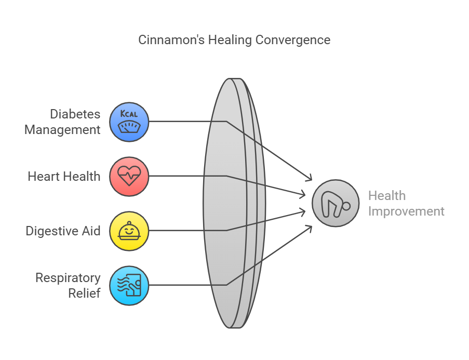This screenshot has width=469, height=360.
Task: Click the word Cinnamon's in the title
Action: click(x=171, y=40)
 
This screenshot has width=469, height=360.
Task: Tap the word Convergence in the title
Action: click(x=293, y=40)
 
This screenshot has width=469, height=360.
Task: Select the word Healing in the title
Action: click(x=230, y=40)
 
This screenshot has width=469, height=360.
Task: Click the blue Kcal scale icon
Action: click(x=129, y=122)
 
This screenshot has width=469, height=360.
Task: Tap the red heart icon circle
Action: click(x=129, y=176)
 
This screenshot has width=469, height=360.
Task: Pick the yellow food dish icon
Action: click(x=129, y=231)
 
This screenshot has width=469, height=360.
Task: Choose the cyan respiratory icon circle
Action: click(x=129, y=286)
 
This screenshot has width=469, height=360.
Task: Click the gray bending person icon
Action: click(x=336, y=203)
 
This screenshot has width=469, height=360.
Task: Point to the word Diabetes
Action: click(x=75, y=114)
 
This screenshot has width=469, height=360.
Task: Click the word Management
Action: click(x=62, y=130)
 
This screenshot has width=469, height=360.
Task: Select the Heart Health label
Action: click(x=64, y=176)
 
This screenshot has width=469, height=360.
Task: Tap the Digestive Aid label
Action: click(x=63, y=231)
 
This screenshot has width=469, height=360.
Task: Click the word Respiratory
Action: click(x=68, y=278)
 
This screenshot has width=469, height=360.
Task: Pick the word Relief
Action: click(x=84, y=294)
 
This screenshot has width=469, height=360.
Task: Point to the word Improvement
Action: click(x=406, y=211)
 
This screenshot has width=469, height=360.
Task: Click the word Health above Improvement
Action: click(x=387, y=196)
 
